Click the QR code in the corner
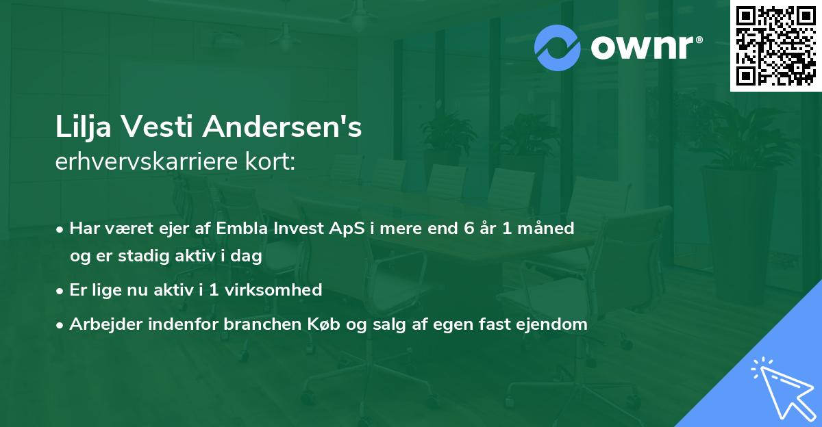click(x=775, y=45)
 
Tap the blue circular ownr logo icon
click(x=557, y=48)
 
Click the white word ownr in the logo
click(x=642, y=47)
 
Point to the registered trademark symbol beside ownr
click(x=699, y=40)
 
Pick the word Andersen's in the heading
click(x=282, y=127)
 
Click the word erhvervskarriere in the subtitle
click(x=147, y=161)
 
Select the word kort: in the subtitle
click(x=270, y=161)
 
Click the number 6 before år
click(x=469, y=228)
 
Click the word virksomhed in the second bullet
click(x=273, y=289)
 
